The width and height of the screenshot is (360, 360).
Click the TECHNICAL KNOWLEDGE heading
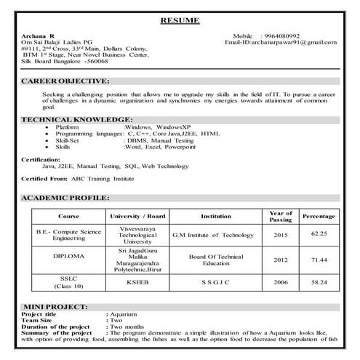(77, 119)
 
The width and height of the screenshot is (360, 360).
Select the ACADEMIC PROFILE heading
(65, 198)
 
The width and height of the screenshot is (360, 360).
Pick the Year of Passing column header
(281, 216)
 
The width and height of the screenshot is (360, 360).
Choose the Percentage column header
(319, 217)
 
